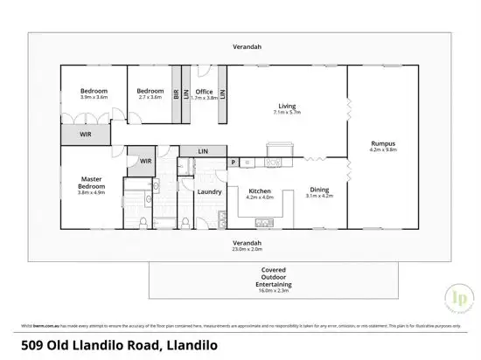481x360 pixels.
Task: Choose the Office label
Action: tap(204, 92)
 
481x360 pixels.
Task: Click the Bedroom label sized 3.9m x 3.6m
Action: tap(94, 92)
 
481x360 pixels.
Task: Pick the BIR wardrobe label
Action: tap(176, 95)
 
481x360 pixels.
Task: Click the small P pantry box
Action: tap(234, 162)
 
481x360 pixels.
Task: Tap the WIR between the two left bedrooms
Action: tap(86, 135)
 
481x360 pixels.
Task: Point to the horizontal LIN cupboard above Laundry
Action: tap(203, 150)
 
